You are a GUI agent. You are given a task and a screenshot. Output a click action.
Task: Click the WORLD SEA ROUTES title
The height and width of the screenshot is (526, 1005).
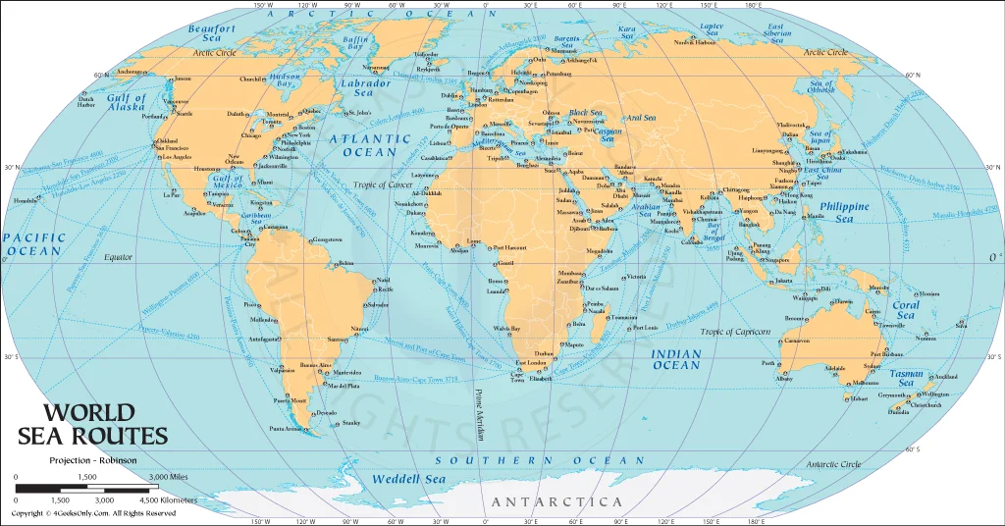pos(93,424)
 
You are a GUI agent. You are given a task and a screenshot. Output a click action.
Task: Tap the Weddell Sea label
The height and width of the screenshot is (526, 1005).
pos(408,479)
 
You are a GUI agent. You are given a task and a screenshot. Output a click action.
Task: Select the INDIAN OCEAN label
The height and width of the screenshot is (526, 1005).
pos(677,359)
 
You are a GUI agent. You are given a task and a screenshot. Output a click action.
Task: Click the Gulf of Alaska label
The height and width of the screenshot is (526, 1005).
pos(127,103)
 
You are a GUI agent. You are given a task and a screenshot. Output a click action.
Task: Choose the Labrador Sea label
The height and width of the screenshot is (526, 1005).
pos(364,88)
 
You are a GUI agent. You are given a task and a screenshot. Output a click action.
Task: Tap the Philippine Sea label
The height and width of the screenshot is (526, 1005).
pos(843,213)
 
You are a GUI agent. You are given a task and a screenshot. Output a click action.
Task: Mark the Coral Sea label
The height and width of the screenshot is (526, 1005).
pos(905,310)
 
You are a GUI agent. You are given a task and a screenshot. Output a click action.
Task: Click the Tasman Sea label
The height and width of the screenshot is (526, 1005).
pos(906,379)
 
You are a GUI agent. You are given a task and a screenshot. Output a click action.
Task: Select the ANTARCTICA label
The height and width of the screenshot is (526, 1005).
pos(556,501)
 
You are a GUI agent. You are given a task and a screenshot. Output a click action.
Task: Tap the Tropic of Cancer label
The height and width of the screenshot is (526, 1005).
pos(383,185)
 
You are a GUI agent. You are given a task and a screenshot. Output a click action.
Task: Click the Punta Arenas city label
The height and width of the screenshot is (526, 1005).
pos(288,428)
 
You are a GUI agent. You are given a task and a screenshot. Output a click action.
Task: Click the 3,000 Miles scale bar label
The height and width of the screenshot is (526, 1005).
pos(168,477)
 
